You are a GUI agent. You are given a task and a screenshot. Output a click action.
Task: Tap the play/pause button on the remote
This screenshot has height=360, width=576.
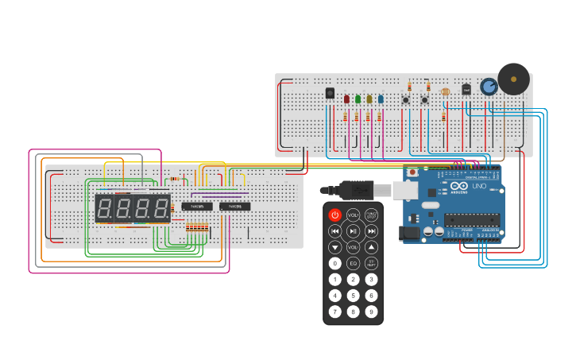(x=353, y=231)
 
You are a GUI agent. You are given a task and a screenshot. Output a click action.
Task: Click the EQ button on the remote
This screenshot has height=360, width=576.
(x=353, y=263)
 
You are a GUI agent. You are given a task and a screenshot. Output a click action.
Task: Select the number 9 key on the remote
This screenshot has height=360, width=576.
(x=371, y=311)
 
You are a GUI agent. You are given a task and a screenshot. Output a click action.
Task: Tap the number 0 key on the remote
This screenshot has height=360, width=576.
(x=334, y=263)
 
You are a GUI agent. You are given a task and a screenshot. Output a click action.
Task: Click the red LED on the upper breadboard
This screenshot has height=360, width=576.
(x=347, y=99)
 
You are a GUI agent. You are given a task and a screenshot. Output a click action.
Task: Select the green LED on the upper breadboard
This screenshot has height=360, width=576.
(x=358, y=99)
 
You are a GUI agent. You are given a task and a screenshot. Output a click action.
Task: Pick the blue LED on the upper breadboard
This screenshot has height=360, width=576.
(x=381, y=99)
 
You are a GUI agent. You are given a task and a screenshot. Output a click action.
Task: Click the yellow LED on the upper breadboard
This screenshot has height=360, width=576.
(x=369, y=99)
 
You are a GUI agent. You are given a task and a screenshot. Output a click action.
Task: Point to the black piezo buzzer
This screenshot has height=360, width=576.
(x=513, y=79)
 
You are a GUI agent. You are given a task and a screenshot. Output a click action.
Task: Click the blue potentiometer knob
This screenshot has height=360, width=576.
(x=489, y=86)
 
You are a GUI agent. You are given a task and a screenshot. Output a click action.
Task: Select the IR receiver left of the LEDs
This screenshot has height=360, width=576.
(x=330, y=93)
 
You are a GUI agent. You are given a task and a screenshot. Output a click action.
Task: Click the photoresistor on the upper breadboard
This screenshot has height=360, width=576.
(x=445, y=92)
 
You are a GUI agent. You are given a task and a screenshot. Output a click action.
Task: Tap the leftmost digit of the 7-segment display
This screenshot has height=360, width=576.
(x=104, y=209)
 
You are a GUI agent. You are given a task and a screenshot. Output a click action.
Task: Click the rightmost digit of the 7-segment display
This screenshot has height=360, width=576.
(x=161, y=209)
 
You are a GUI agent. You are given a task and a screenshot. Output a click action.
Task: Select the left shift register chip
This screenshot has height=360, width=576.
(x=196, y=207)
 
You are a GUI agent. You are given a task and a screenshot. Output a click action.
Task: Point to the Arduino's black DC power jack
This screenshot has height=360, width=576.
(x=411, y=233)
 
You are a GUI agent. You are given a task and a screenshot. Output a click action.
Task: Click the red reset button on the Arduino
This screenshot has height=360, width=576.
(x=412, y=172)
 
